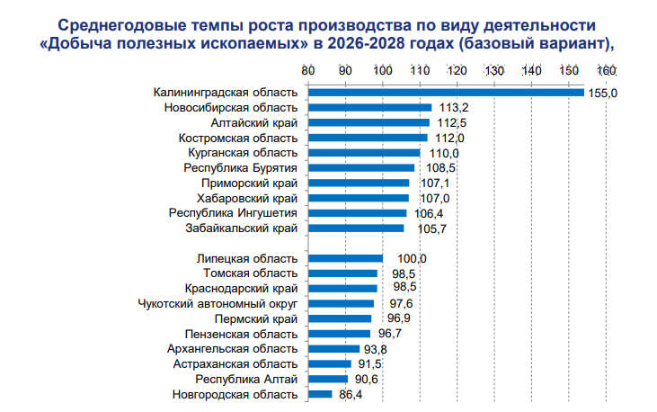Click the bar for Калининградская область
(x=445, y=93)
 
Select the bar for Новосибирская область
(x=369, y=108)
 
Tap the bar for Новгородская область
(x=320, y=394)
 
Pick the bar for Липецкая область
(x=345, y=258)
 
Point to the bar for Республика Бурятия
(x=360, y=168)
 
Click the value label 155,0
(x=600, y=93)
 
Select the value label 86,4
(x=349, y=394)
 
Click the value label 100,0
(x=399, y=258)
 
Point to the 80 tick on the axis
(x=307, y=71)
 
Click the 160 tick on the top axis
(x=605, y=71)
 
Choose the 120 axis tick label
(x=457, y=71)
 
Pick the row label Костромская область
(x=237, y=138)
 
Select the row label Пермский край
(x=256, y=319)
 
